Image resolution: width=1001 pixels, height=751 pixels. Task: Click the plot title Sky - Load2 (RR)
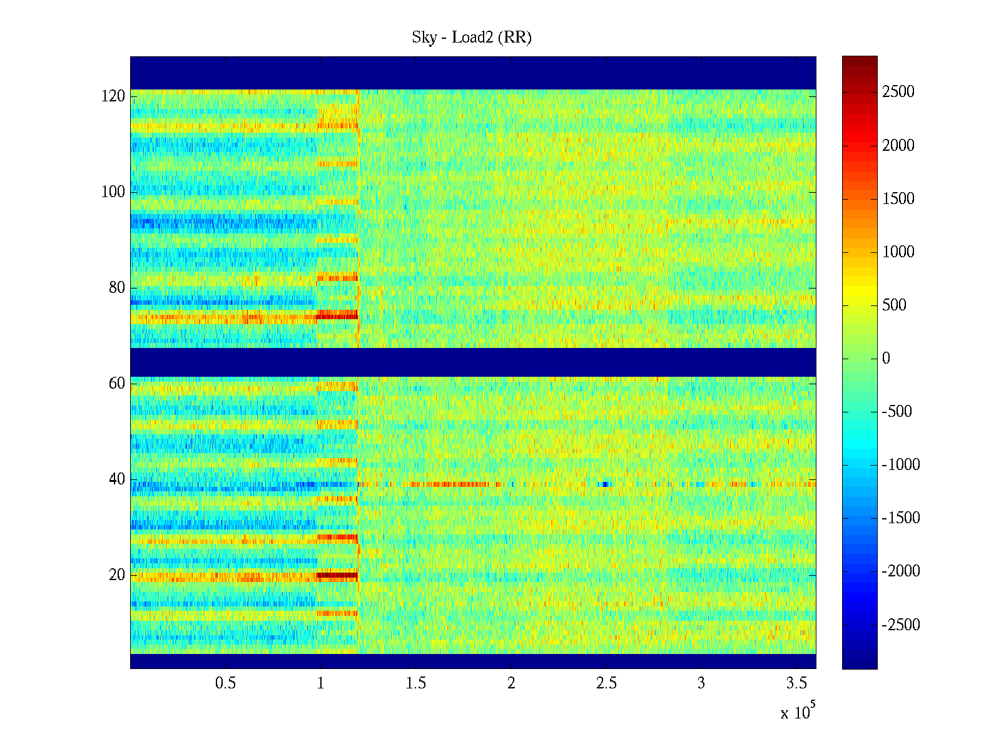click(472, 38)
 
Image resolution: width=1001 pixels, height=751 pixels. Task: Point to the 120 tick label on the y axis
click(113, 96)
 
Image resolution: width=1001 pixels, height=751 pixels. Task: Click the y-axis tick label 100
click(113, 192)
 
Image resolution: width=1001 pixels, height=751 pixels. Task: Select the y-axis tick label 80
click(117, 288)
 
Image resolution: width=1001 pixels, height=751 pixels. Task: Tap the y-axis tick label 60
click(117, 384)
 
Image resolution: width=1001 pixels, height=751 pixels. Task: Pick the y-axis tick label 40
click(117, 479)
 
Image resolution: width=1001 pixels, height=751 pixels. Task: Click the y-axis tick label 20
click(117, 575)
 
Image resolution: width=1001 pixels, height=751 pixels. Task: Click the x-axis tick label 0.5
click(225, 683)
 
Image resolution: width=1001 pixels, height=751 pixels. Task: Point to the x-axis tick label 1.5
click(416, 683)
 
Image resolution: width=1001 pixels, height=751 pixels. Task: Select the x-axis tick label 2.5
click(606, 683)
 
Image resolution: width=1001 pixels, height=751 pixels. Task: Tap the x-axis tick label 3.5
click(796, 683)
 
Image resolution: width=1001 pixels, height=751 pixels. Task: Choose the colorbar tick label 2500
click(898, 92)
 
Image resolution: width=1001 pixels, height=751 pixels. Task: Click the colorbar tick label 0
click(886, 359)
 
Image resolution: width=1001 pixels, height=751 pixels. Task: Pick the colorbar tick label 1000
click(898, 252)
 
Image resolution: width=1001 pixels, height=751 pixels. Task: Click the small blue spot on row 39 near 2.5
click(604, 484)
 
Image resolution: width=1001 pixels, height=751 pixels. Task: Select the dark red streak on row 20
click(337, 575)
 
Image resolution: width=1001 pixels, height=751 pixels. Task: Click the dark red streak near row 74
click(337, 315)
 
